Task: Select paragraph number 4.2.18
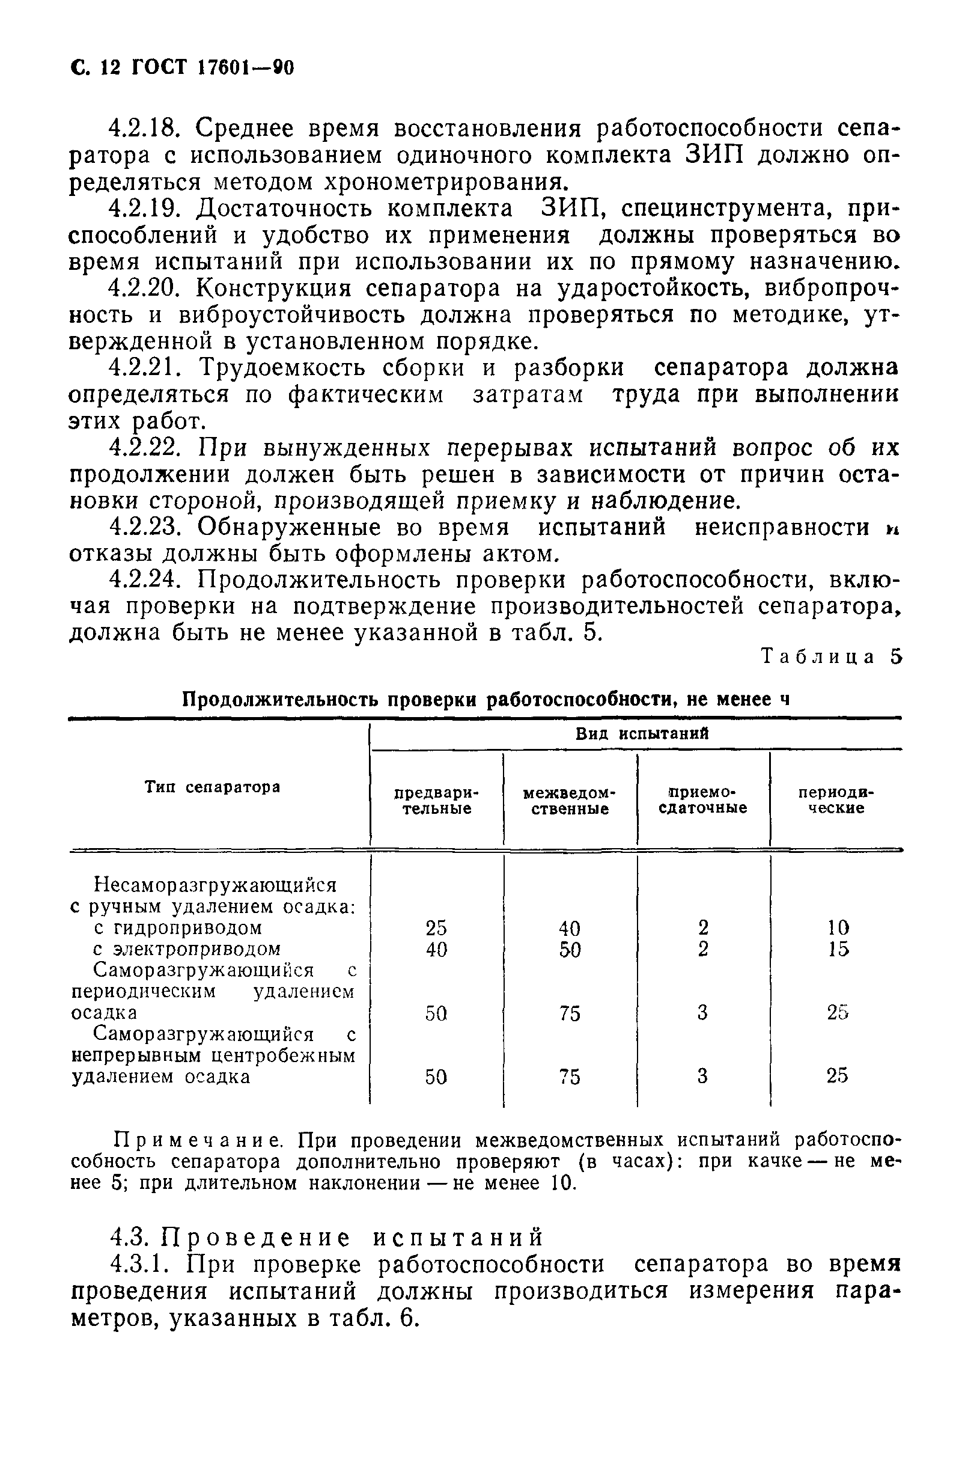[143, 129]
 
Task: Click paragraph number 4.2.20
[144, 289]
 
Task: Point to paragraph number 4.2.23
[144, 527]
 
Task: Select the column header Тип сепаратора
[213, 787]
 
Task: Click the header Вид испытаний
[642, 734]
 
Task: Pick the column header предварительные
[436, 801]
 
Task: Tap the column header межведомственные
[569, 801]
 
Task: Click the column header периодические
[836, 801]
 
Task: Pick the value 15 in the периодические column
[837, 949]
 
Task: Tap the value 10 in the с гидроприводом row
[837, 927]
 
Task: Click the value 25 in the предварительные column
[436, 927]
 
